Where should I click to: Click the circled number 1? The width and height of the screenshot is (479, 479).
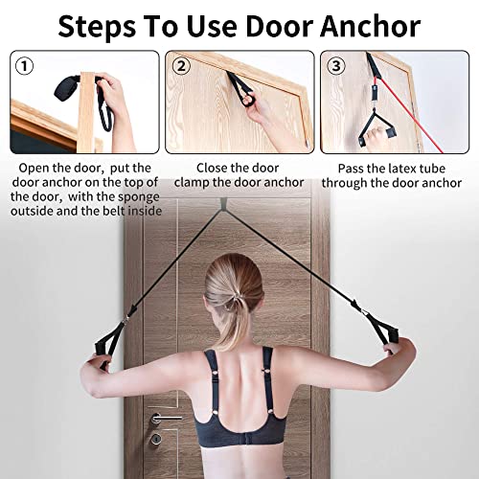click(x=24, y=66)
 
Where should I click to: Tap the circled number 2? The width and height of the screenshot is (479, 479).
click(x=181, y=66)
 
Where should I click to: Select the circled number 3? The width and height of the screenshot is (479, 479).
click(x=336, y=66)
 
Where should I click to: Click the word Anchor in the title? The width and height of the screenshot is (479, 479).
click(x=370, y=26)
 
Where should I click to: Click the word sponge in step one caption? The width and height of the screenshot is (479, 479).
click(x=138, y=197)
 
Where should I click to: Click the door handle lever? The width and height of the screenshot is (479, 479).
click(x=165, y=418)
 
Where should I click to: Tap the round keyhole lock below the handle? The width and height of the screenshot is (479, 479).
click(x=156, y=439)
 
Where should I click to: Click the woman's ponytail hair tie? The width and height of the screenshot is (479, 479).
click(x=236, y=300)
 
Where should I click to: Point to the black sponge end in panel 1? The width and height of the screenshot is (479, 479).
click(x=66, y=88)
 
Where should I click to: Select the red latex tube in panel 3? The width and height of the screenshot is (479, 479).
click(x=411, y=115)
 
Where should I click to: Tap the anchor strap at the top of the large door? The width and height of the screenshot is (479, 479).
click(x=223, y=203)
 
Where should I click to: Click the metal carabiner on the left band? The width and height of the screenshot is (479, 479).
click(x=127, y=318)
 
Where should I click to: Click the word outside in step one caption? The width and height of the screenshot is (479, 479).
click(x=31, y=211)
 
